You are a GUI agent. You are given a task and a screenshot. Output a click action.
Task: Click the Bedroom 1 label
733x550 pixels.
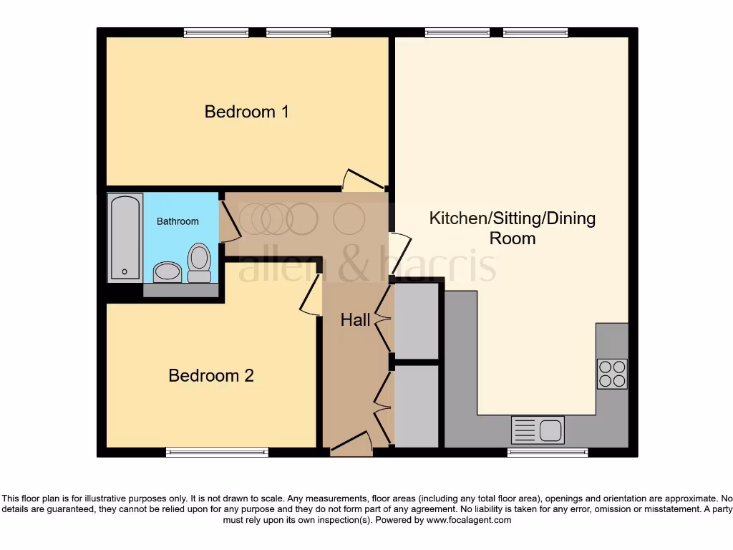coord(246,112)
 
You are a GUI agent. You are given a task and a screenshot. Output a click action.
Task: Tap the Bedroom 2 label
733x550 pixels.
coord(211,375)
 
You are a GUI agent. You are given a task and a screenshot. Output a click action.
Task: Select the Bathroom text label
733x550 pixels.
coord(178,221)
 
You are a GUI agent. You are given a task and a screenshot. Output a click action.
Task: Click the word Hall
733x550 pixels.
coord(355,320)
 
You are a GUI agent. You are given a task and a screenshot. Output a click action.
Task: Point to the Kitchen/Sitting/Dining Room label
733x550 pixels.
coord(512,228)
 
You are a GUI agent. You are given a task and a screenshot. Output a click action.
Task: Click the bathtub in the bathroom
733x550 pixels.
coord(125,237)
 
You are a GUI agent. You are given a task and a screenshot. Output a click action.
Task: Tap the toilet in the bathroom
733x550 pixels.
coord(199,263)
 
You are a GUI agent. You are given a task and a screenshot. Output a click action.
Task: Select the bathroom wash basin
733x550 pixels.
coord(168,271)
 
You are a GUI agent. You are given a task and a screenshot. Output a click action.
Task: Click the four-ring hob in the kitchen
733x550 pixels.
coord(612,374)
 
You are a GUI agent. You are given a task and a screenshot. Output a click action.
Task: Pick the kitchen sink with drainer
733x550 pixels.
coord(538,430)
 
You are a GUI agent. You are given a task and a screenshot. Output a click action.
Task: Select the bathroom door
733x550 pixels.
coord(228,221)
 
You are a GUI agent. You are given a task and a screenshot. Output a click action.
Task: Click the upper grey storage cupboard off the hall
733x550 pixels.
coord(416,321)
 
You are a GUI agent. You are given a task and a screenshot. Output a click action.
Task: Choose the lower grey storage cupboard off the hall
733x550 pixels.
coord(416,406)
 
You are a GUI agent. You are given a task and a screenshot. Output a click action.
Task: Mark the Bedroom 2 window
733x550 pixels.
coord(217,452)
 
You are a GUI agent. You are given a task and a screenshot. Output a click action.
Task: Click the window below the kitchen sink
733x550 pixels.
coord(548,452)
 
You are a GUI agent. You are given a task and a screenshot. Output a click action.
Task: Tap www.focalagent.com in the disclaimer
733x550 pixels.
coord(468,520)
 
